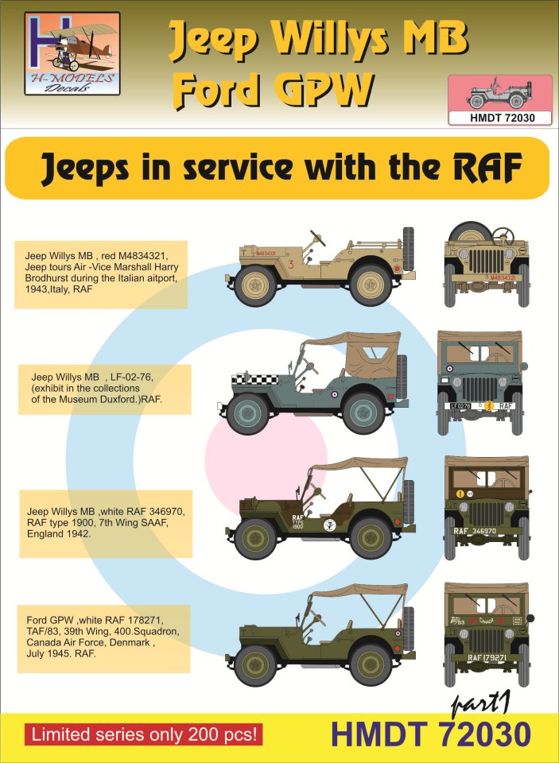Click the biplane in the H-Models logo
(x=73, y=40)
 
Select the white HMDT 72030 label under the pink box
(x=499, y=118)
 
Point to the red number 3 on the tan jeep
(x=293, y=263)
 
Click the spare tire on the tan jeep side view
(x=410, y=249)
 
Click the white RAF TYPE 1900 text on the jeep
(x=276, y=521)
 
